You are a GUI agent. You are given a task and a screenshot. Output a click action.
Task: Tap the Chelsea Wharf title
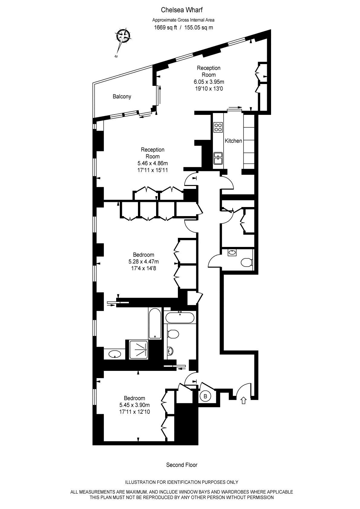(x=182, y=10)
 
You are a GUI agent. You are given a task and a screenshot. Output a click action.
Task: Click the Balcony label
(x=122, y=97)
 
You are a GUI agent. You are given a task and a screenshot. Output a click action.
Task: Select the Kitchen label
(x=233, y=141)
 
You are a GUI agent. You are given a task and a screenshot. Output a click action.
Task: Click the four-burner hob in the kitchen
(x=218, y=127)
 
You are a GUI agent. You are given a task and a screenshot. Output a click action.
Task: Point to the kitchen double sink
(x=218, y=158)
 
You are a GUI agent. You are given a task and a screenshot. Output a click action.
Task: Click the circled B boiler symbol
(x=205, y=396)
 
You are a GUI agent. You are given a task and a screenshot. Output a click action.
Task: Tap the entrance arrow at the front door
(x=244, y=400)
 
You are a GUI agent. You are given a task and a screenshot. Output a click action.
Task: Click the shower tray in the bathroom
(x=139, y=349)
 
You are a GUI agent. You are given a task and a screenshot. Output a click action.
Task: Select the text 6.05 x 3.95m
(x=209, y=82)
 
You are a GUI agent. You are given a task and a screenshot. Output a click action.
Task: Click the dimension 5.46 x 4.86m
(x=152, y=163)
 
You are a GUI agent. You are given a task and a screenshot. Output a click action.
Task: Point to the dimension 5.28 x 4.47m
(x=143, y=261)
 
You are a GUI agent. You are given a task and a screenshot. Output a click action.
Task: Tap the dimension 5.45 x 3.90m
(x=134, y=405)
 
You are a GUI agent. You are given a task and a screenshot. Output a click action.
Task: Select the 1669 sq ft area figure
(x=165, y=28)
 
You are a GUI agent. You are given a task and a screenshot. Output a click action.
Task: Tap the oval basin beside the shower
(x=115, y=354)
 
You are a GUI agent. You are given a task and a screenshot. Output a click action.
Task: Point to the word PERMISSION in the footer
(x=260, y=498)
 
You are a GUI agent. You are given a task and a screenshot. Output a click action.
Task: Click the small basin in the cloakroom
(x=232, y=252)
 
